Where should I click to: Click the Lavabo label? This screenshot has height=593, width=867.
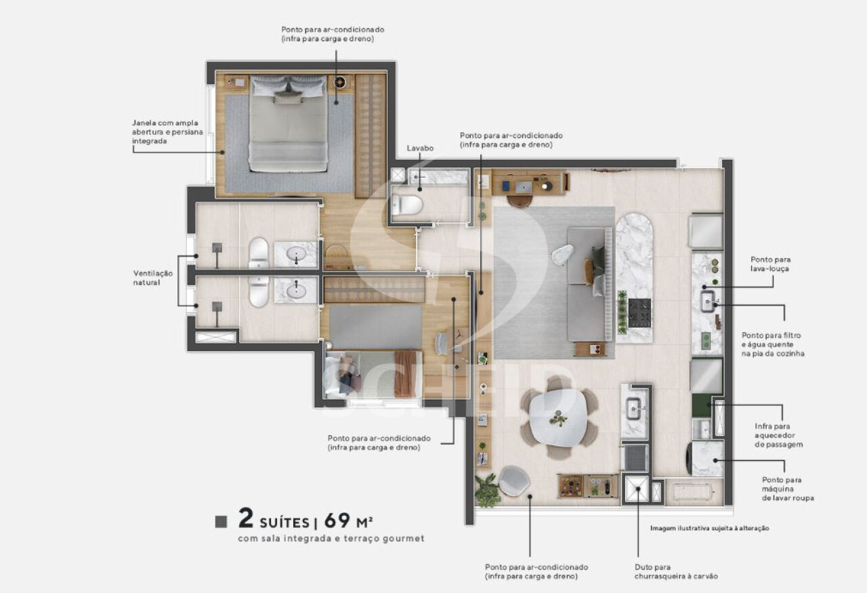click(420, 148)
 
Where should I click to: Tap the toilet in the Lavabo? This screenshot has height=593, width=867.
click(407, 205)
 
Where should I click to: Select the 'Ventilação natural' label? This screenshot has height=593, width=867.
click(153, 278)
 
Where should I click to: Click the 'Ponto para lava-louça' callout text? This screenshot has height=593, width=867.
click(770, 264)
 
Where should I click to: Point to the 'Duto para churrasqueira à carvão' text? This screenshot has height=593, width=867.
click(676, 572)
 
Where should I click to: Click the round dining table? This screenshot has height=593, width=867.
click(557, 418)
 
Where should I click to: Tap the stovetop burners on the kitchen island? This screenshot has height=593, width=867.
click(639, 313)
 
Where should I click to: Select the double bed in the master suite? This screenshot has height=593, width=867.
click(288, 123)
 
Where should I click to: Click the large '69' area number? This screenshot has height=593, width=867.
click(337, 520)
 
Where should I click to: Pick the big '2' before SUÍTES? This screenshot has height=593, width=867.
click(246, 518)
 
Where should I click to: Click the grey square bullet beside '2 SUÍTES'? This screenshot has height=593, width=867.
click(221, 521)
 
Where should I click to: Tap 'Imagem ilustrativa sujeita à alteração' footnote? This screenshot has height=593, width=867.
click(709, 529)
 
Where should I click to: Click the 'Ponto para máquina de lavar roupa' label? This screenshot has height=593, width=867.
click(788, 489)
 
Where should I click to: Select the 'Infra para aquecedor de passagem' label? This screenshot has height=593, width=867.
click(778, 435)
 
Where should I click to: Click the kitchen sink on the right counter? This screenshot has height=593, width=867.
click(709, 302)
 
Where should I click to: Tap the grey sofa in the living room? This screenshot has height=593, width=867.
click(590, 285)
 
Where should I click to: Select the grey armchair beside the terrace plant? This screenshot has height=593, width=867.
click(514, 480)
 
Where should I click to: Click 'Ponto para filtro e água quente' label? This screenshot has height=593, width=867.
click(773, 344)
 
